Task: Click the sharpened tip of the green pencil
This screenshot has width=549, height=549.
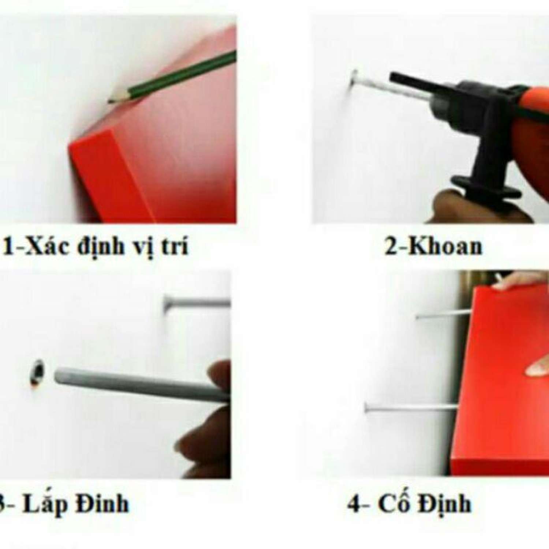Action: coord(109,101)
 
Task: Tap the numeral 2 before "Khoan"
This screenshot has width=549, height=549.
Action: coord(391,247)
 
